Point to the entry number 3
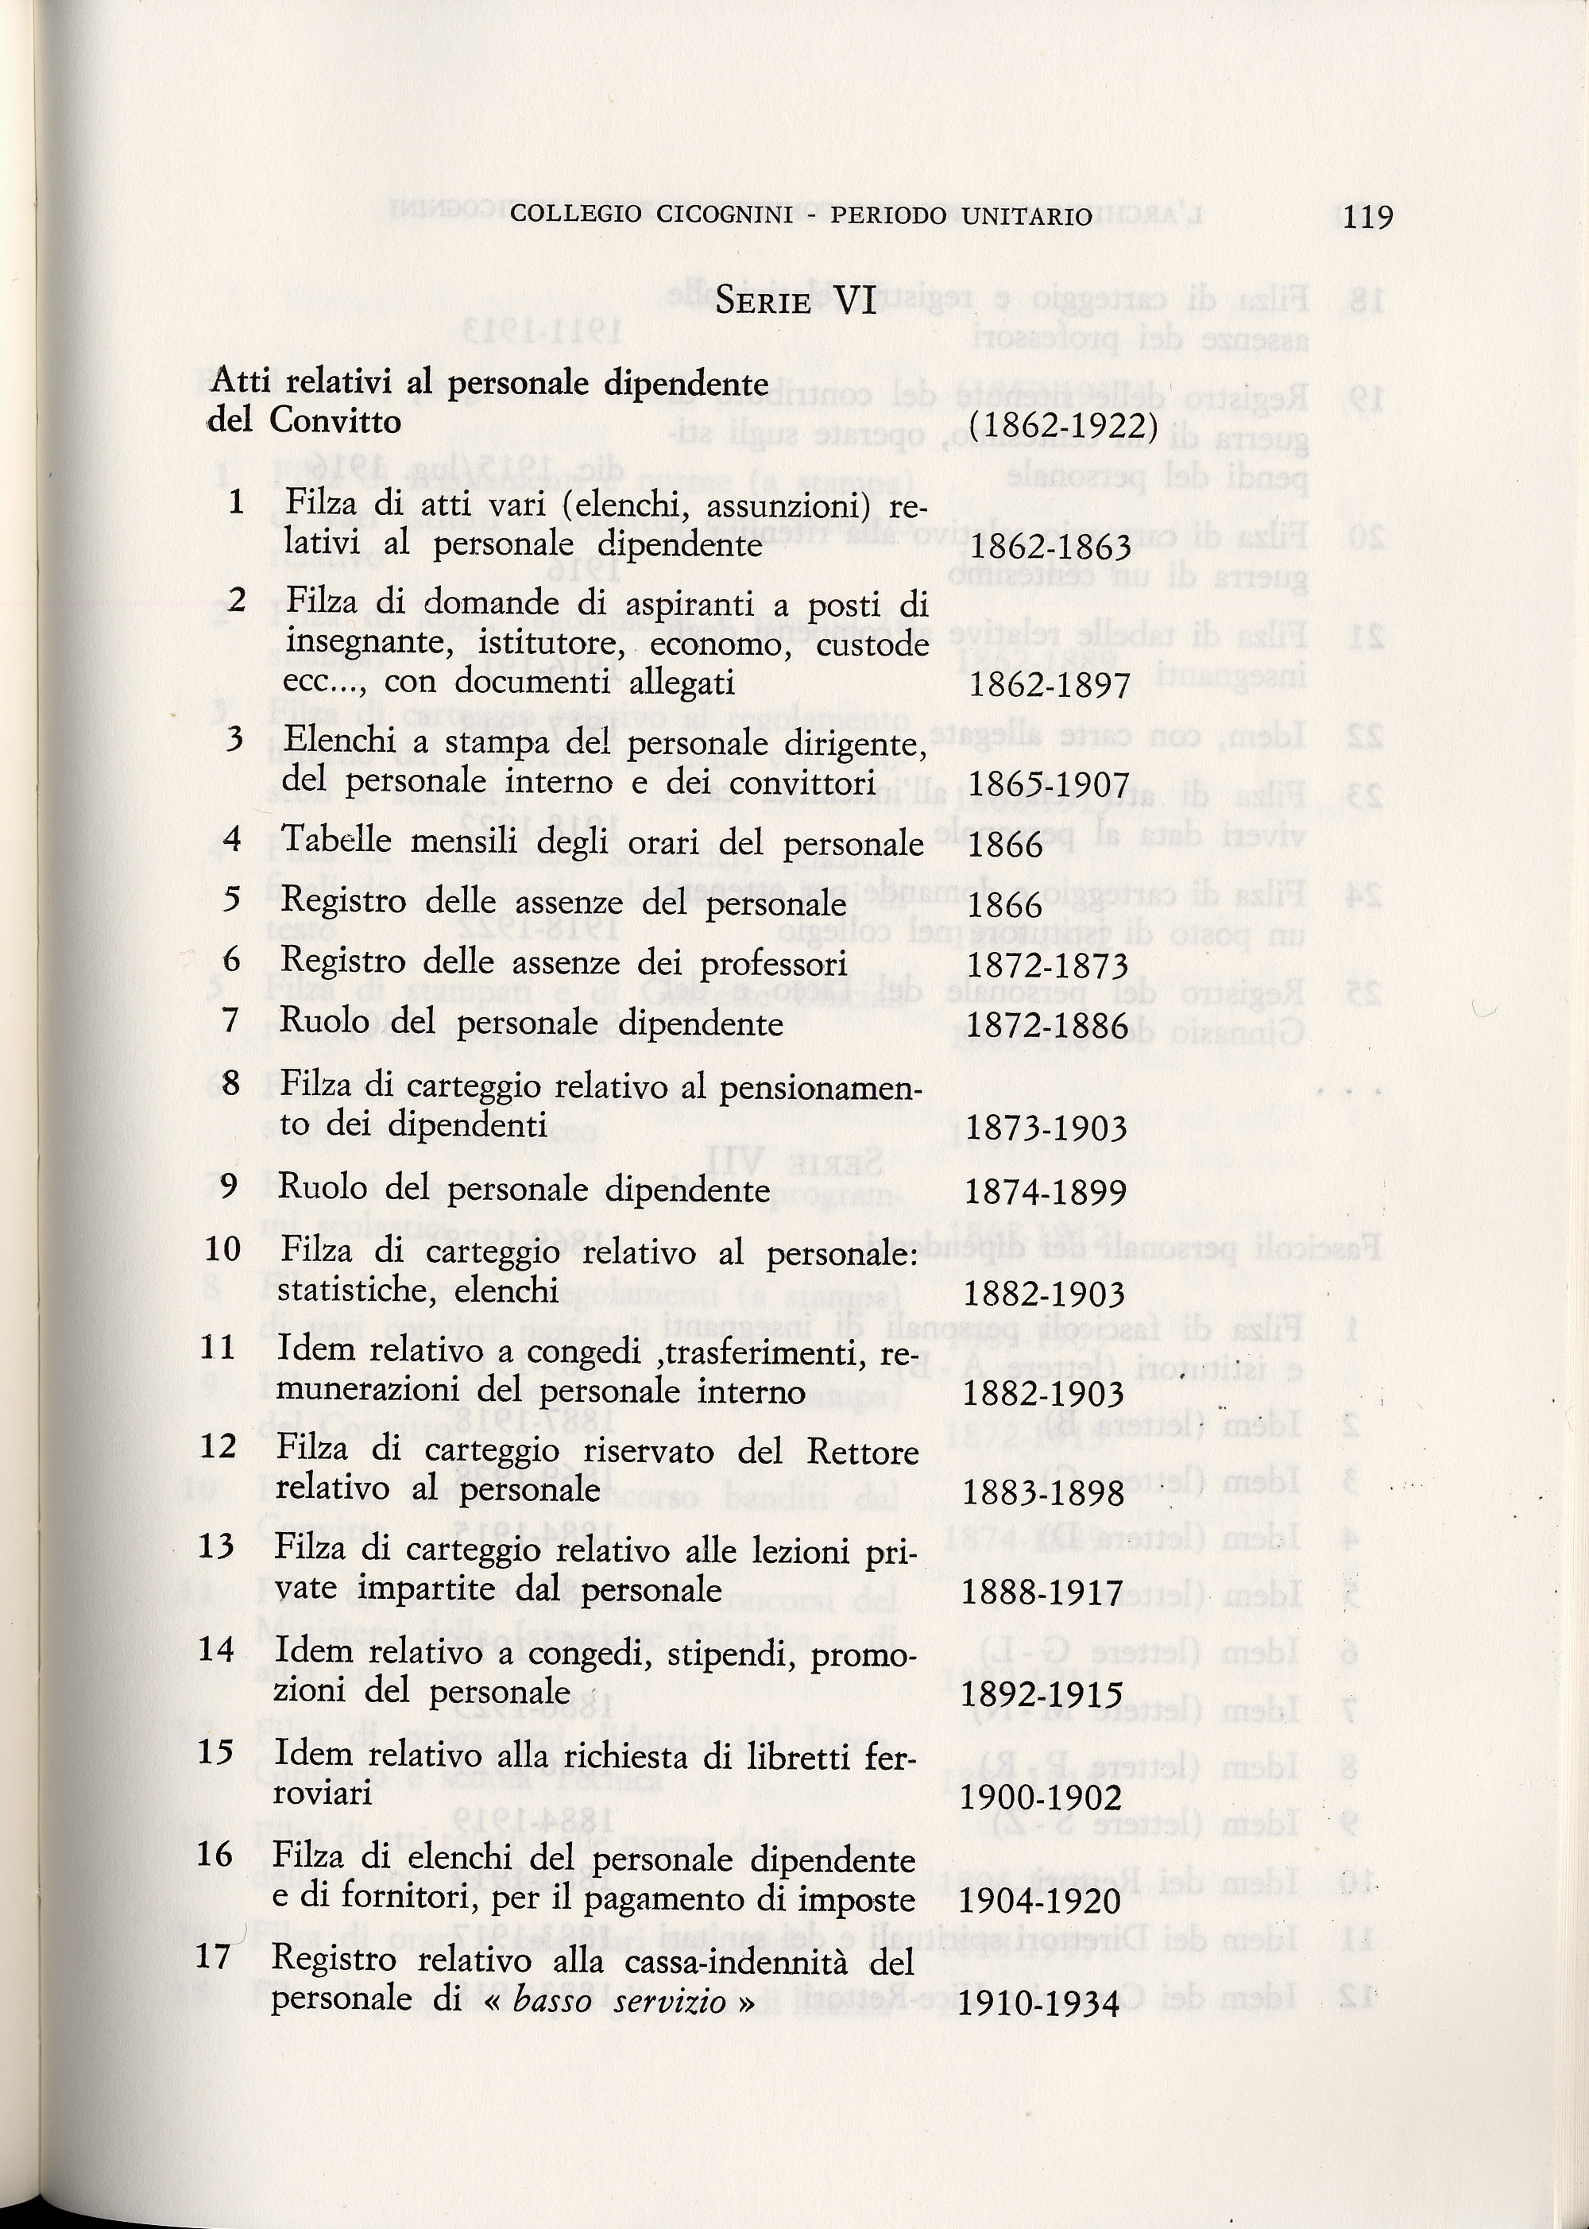[233, 739]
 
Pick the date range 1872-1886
[1047, 1025]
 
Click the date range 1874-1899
[1045, 1192]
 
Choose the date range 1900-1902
[1041, 1798]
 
